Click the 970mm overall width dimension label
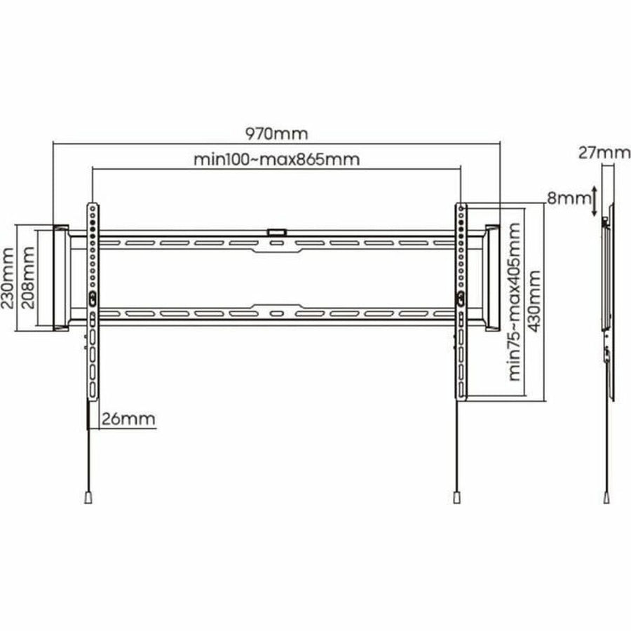[276, 134]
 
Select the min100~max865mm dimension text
[276, 159]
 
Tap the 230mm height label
[8, 278]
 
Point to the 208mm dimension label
[28, 278]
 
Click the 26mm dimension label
[128, 419]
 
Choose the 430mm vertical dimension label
[534, 301]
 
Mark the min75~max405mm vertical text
[515, 301]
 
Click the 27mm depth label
[604, 153]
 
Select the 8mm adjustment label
[569, 198]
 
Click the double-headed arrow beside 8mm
[595, 201]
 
